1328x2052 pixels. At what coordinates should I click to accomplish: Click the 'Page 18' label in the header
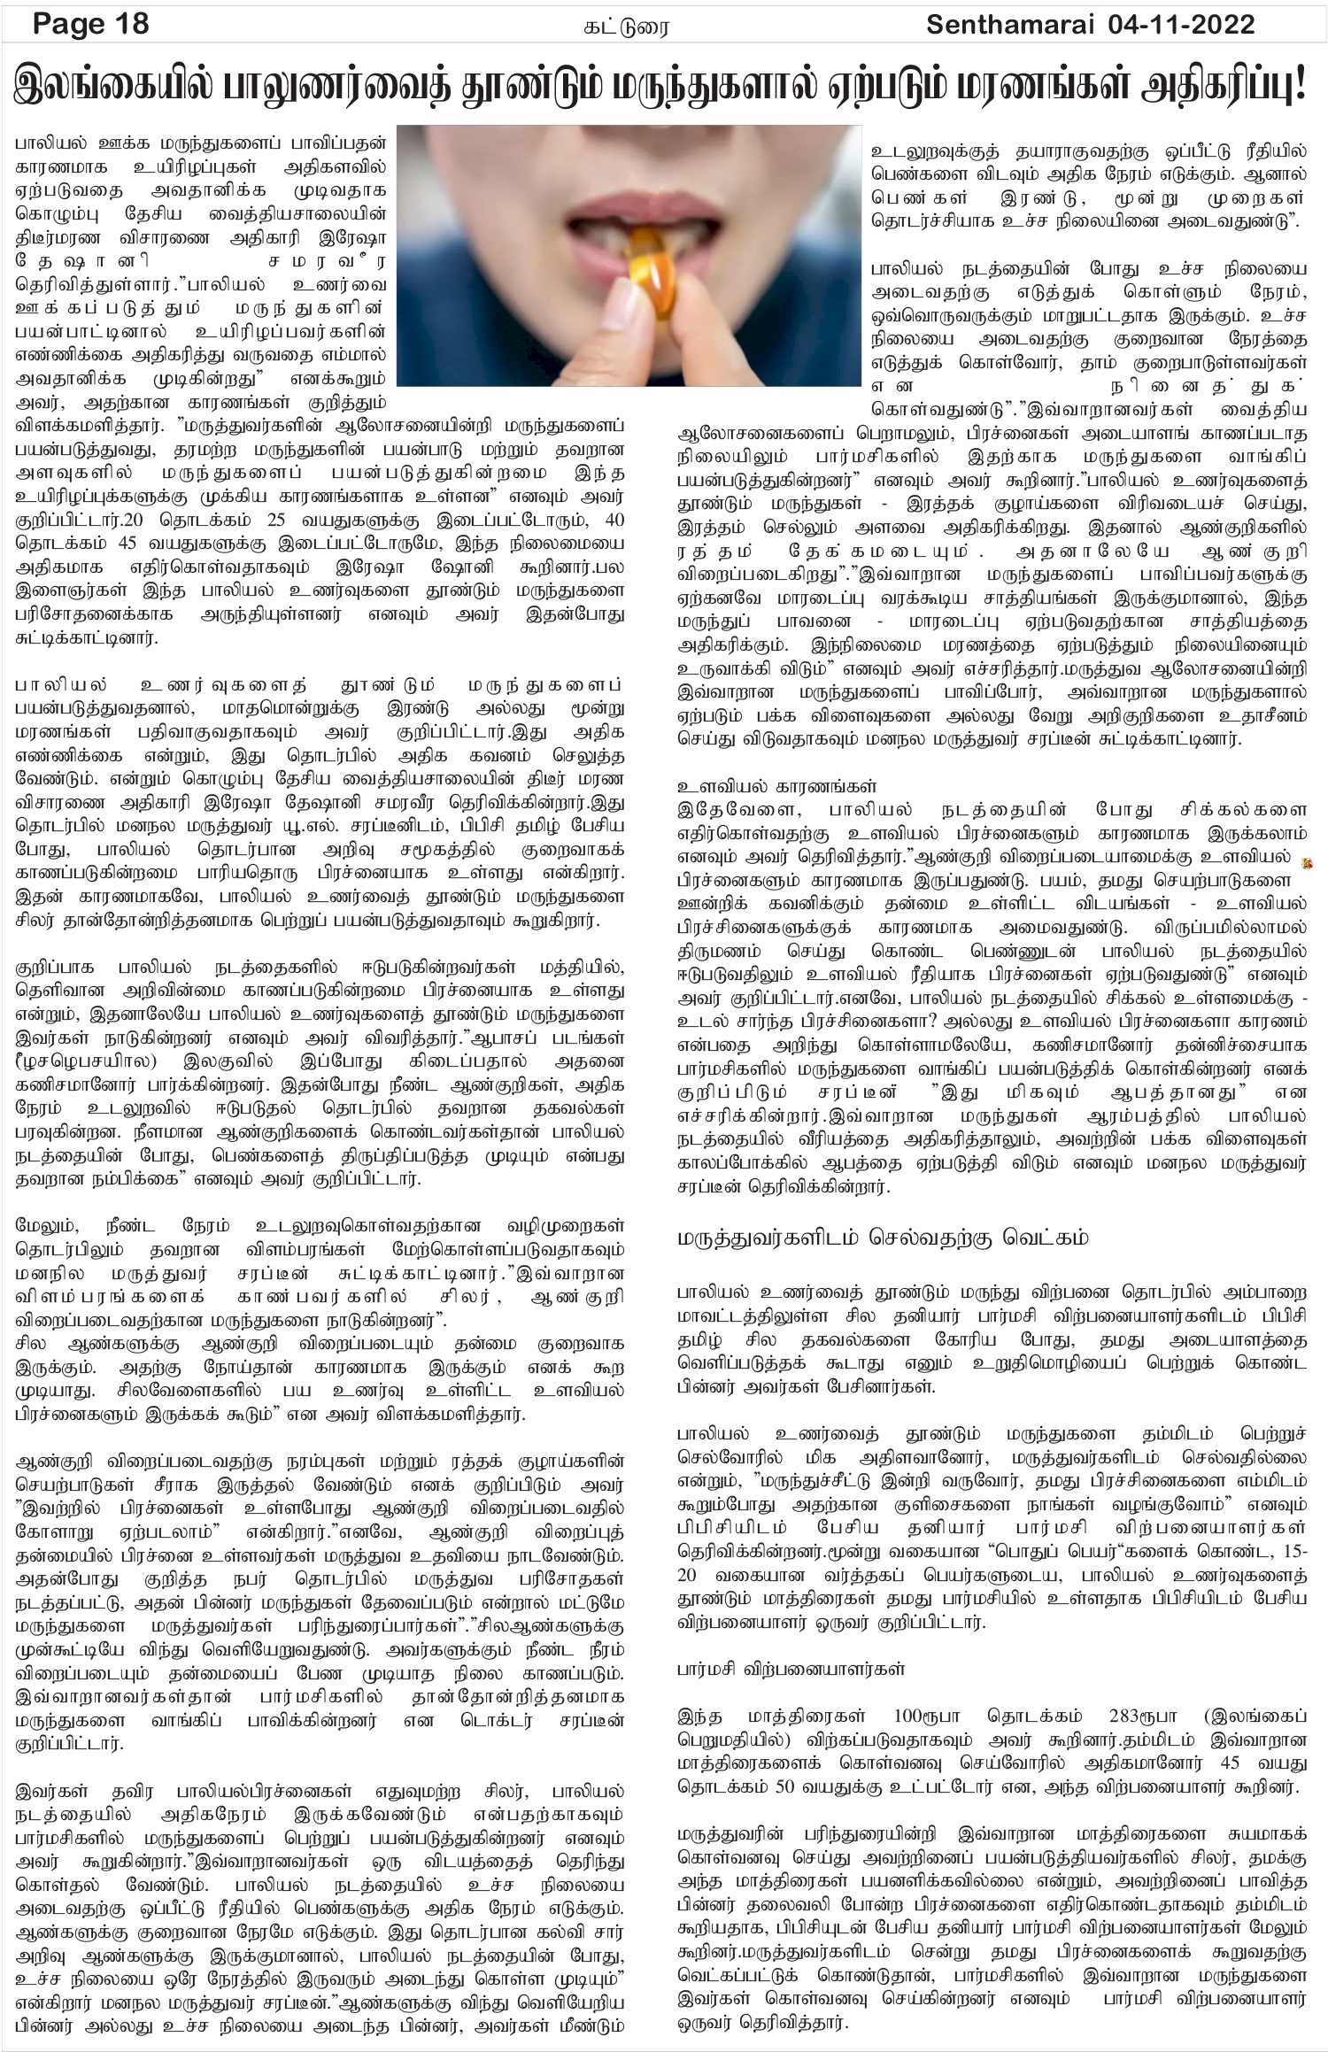pos(90,24)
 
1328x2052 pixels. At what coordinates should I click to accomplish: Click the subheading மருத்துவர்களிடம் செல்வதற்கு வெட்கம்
pos(882,1237)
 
